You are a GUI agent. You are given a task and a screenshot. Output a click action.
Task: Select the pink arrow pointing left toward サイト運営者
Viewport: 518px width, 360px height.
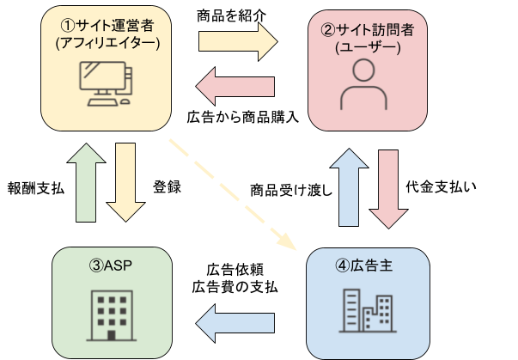pos(235,85)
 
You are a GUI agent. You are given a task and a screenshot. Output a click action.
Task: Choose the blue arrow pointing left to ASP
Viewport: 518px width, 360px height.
pos(235,322)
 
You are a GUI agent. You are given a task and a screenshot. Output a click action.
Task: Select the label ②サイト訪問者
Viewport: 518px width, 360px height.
pos(368,31)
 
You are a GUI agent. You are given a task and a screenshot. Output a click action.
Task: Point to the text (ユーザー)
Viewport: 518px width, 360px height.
pos(368,48)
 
